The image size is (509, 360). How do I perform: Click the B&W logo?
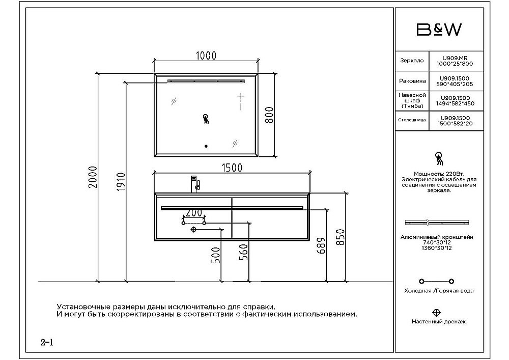point(439,30)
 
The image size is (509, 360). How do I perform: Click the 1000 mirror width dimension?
point(206,56)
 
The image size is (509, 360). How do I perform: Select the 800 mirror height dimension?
point(270,115)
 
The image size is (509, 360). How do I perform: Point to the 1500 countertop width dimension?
point(232,167)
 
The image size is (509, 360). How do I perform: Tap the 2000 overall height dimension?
point(93,177)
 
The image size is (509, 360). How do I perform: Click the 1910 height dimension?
point(121,182)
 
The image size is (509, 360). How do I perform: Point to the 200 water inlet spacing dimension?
point(193,213)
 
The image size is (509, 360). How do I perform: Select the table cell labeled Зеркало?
point(412,61)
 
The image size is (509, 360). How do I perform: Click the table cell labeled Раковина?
point(412,81)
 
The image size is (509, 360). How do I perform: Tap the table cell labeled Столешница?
point(412,121)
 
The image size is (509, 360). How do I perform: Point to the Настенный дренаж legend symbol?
point(436,312)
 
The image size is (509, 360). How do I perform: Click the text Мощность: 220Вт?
point(439,174)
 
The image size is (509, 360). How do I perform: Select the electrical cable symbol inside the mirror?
point(206,119)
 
